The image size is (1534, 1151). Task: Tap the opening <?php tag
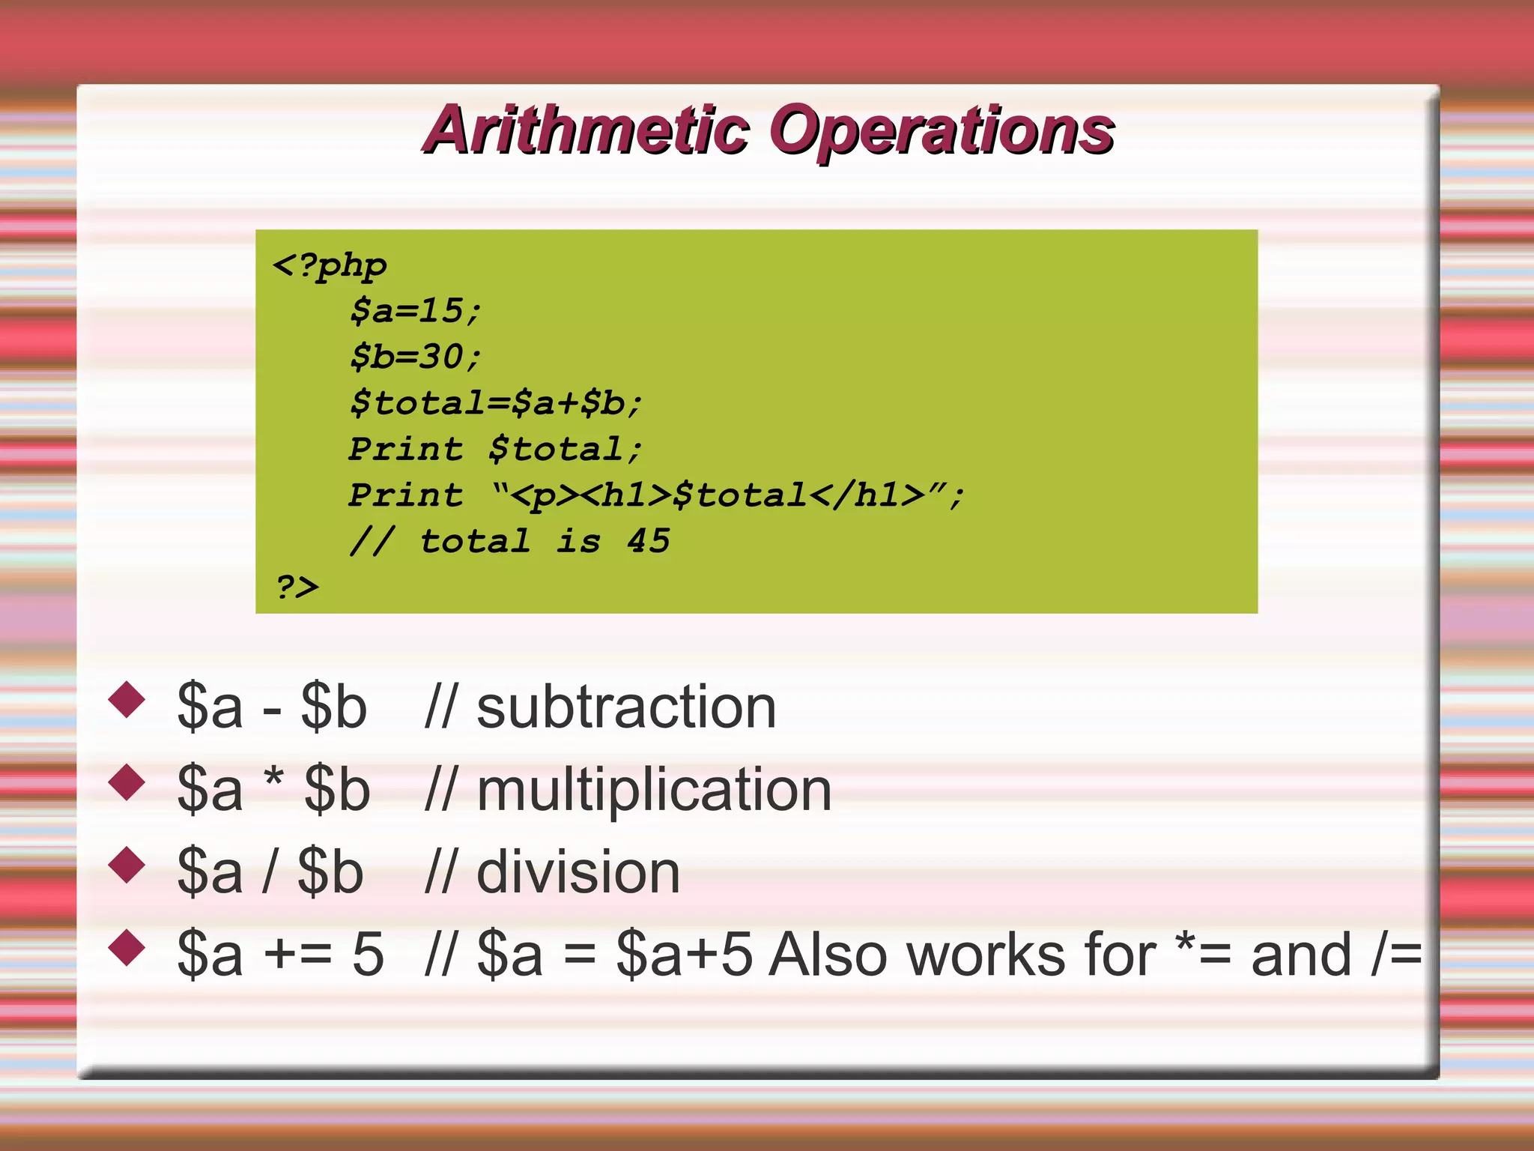coord(330,266)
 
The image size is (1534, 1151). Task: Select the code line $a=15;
coord(416,311)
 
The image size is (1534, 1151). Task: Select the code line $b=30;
coord(416,357)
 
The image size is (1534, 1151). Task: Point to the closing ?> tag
coord(297,587)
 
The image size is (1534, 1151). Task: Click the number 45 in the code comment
coord(649,541)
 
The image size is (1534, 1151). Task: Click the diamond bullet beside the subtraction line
coord(127,699)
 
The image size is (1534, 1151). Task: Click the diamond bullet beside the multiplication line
coord(127,782)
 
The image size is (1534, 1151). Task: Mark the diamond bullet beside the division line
coord(127,865)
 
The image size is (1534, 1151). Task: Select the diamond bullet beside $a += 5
coord(127,947)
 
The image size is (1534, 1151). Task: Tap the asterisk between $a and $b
coord(274,779)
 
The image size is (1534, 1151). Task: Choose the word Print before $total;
coord(406,450)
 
